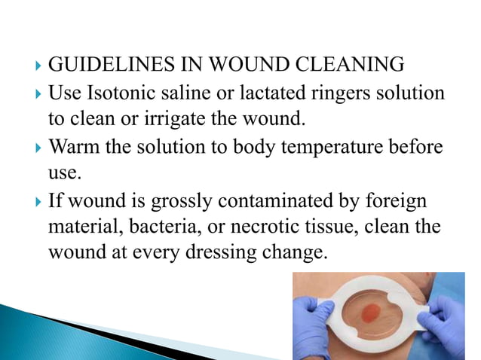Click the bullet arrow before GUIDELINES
click(38, 67)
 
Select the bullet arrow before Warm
click(38, 148)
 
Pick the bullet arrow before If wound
click(38, 203)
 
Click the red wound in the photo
click(378, 312)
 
